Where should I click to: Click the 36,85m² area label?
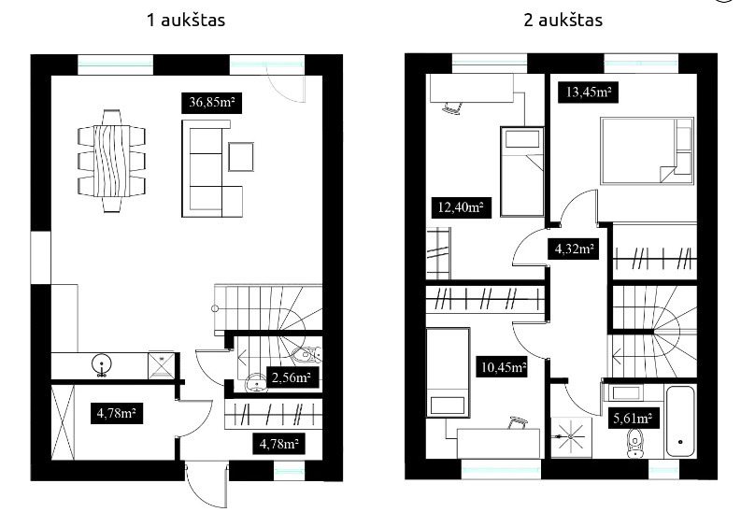[x=212, y=103]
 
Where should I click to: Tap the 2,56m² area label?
[x=292, y=377]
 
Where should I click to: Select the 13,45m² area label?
[x=589, y=92]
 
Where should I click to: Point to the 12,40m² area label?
[x=461, y=207]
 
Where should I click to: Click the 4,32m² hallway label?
[x=574, y=249]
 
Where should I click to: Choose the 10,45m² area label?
[x=504, y=367]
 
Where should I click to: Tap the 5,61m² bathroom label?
[x=633, y=419]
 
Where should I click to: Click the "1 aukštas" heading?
[x=186, y=21]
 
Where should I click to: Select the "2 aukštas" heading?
[x=563, y=21]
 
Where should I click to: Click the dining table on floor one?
[x=112, y=161]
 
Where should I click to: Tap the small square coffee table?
[x=241, y=157]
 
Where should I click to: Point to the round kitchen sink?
[x=102, y=364]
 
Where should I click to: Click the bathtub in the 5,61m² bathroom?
[x=680, y=421]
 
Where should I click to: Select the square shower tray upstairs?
[x=571, y=437]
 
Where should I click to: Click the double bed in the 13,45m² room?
[x=647, y=150]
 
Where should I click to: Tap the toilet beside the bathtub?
[x=636, y=443]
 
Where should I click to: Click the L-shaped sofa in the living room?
[x=212, y=168]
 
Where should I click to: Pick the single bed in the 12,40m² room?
[x=522, y=172]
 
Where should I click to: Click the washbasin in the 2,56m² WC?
[x=257, y=383]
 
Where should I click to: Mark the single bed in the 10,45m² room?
[x=448, y=373]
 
